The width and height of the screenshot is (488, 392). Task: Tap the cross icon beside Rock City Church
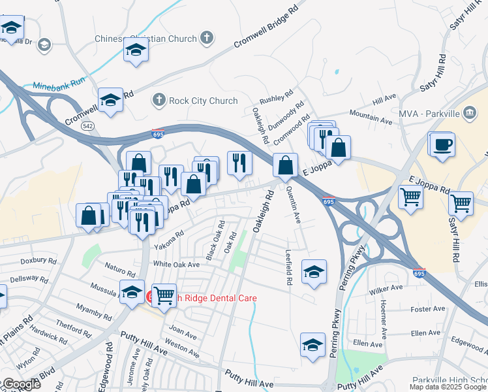[x=158, y=101]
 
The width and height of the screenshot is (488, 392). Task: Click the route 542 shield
[x=88, y=125]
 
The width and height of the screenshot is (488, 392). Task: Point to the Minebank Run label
[x=59, y=84]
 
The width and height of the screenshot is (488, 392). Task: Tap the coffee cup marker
[x=442, y=144]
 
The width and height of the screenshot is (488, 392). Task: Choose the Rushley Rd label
[x=277, y=99]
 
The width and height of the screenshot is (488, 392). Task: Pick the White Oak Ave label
[x=176, y=265]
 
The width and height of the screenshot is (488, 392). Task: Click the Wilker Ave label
[x=386, y=288]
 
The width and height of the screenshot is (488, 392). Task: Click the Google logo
[x=21, y=384]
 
